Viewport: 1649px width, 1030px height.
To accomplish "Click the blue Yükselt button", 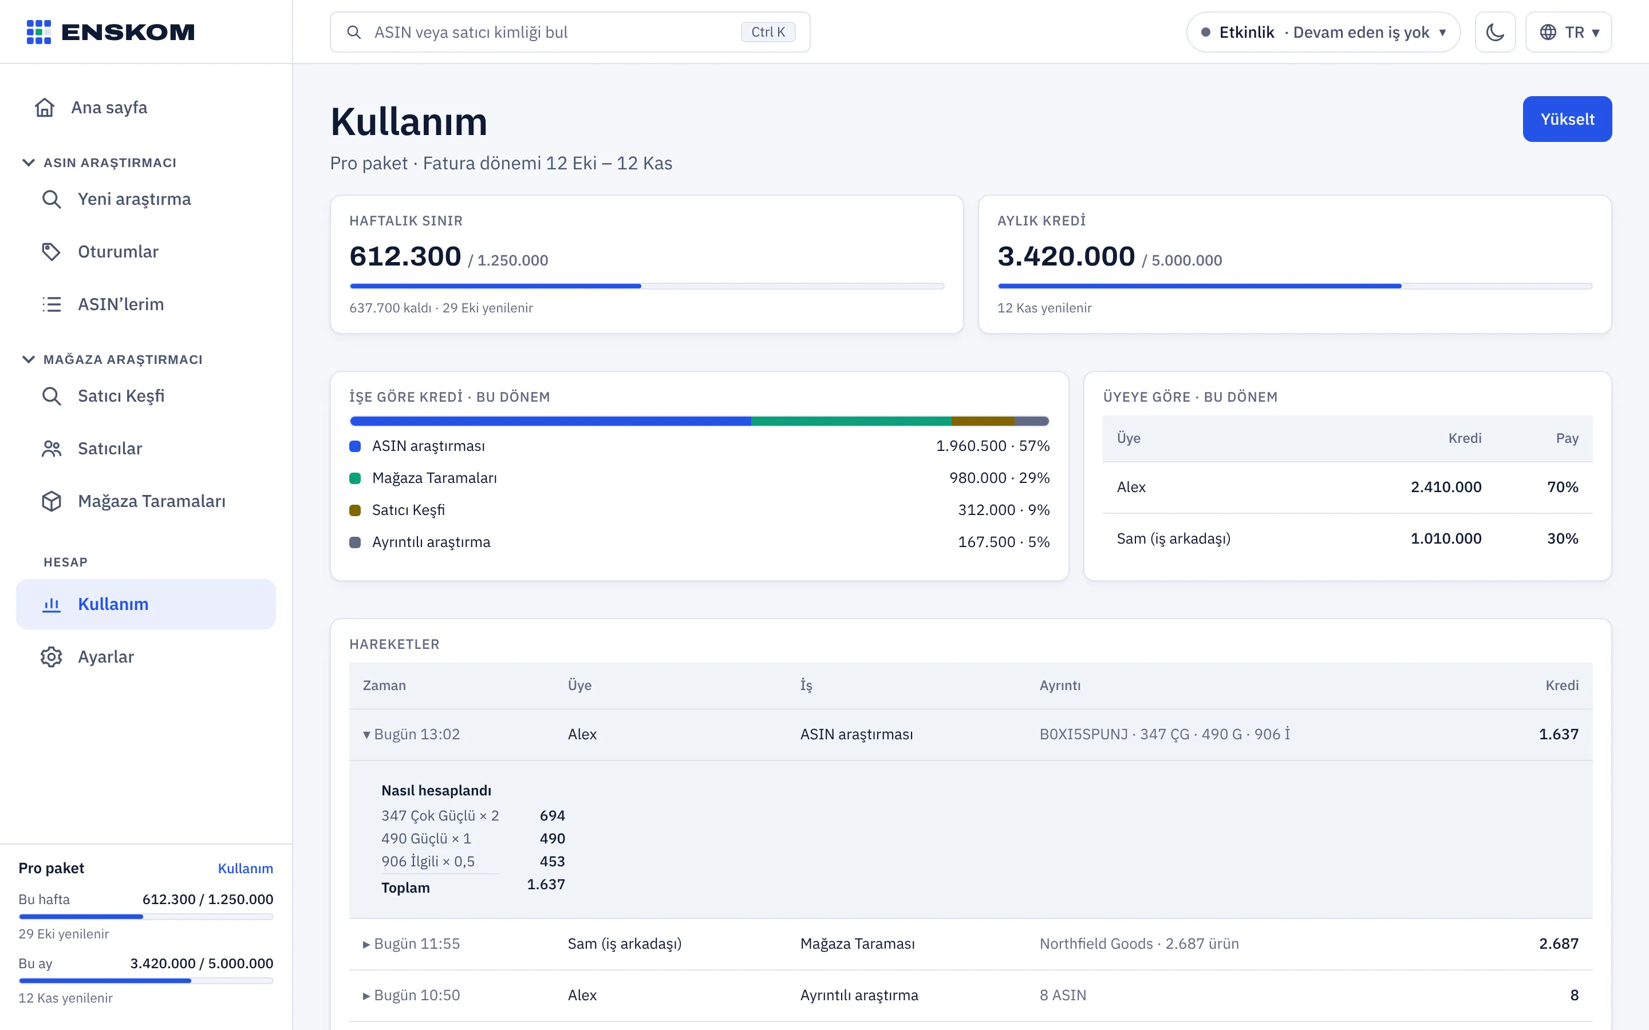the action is (x=1567, y=119).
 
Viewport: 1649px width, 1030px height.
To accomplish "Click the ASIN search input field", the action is (x=570, y=32).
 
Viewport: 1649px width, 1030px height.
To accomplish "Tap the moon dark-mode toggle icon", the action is (x=1495, y=32).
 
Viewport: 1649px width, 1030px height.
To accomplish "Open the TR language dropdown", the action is (x=1568, y=32).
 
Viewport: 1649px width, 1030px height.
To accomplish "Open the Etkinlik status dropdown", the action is (x=1323, y=32).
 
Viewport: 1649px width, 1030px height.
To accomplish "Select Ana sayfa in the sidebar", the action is (x=109, y=108).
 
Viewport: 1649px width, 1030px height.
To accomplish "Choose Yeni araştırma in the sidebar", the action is (x=134, y=199).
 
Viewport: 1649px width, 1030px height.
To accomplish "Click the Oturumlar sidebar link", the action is (x=118, y=251).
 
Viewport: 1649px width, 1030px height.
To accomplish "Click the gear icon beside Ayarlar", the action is (x=51, y=657).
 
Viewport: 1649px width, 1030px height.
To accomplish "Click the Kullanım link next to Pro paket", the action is (x=245, y=868).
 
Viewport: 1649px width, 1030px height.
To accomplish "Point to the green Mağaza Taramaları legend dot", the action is (x=355, y=478).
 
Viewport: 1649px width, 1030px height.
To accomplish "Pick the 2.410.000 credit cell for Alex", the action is (x=1445, y=487).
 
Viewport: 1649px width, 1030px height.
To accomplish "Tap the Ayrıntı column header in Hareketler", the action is (x=1060, y=686).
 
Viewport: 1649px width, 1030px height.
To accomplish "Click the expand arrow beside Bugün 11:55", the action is (x=366, y=944).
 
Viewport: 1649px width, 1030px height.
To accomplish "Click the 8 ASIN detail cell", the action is (x=1062, y=995).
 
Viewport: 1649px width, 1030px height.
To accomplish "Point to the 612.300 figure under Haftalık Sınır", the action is (x=405, y=256).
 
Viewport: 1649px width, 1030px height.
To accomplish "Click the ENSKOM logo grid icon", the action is (x=39, y=32).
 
